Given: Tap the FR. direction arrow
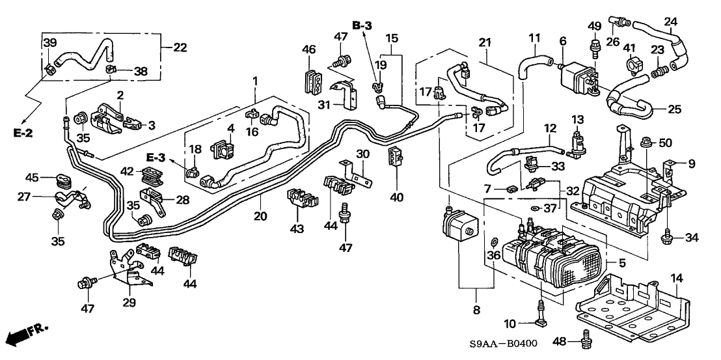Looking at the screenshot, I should tap(26, 335).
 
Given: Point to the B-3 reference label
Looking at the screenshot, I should tap(364, 25).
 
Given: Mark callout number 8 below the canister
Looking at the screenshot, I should tap(476, 311).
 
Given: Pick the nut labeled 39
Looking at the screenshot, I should tap(51, 66).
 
